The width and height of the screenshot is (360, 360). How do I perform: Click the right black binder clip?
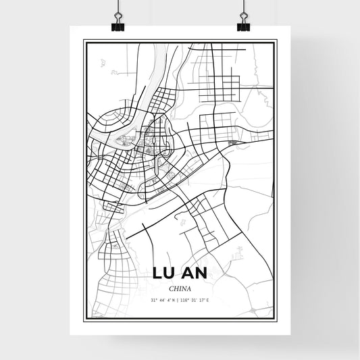tap(243, 26)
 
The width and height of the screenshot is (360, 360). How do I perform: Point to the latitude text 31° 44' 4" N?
tap(163, 300)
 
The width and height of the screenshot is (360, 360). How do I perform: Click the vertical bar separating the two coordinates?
tap(180, 300)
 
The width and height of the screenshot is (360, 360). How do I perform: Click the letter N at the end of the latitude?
tap(175, 300)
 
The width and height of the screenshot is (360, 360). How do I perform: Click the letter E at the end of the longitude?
tap(209, 300)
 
